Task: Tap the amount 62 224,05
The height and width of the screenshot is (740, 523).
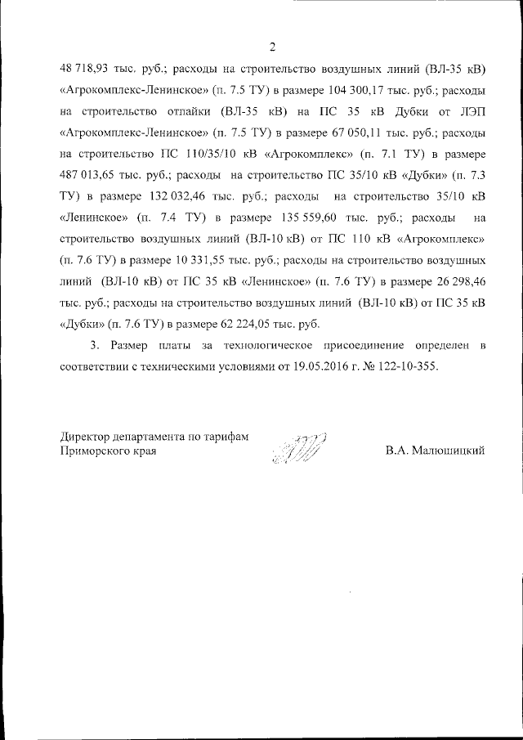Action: pyautogui.click(x=227, y=324)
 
